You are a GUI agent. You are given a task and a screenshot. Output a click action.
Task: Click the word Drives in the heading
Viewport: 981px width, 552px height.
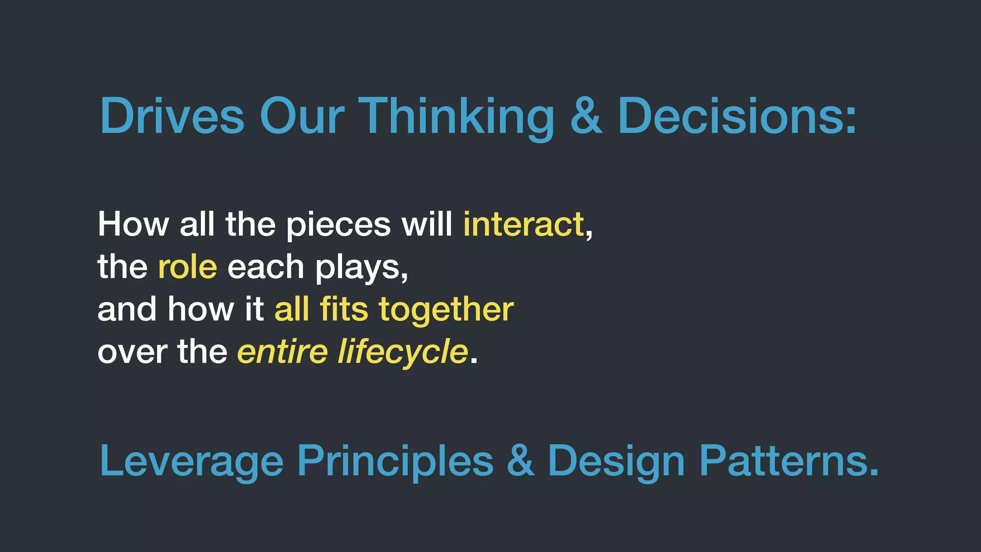[172, 116]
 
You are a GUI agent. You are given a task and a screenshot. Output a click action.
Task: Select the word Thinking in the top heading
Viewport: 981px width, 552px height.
[456, 116]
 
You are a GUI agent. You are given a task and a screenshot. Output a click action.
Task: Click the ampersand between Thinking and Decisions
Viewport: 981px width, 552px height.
[586, 116]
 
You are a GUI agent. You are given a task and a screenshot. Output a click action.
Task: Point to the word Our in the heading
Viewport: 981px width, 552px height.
[302, 116]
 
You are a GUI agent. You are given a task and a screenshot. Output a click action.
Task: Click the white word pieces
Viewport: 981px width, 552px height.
[338, 225]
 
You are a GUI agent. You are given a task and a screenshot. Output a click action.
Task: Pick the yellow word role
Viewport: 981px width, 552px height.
[187, 267]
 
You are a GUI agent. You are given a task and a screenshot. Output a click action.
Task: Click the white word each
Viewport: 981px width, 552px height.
[266, 267]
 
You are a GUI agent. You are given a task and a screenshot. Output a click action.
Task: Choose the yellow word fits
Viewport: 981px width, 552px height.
[344, 309]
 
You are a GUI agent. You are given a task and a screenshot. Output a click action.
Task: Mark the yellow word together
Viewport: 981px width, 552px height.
[446, 310]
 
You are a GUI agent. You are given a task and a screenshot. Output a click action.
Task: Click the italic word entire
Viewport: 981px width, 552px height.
[283, 352]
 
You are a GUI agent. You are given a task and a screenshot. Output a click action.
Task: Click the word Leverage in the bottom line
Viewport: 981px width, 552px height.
[191, 461]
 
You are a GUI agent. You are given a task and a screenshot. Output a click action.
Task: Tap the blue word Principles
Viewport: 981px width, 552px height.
[395, 461]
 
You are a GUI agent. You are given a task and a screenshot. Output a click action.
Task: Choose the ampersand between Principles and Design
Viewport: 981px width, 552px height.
[520, 461]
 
